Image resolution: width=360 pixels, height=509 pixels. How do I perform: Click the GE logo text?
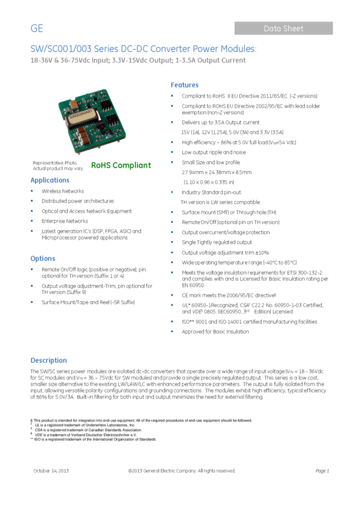click(x=37, y=29)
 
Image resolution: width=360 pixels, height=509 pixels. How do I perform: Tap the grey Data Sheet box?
click(x=283, y=28)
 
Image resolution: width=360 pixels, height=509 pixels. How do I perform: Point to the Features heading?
click(x=184, y=86)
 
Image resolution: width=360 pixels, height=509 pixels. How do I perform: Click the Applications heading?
click(x=50, y=180)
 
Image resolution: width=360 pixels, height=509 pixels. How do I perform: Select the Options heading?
click(x=43, y=259)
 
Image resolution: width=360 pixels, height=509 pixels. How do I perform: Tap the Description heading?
click(x=49, y=360)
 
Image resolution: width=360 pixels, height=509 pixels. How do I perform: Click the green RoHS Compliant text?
click(x=121, y=165)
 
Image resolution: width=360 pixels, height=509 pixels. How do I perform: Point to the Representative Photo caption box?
click(x=58, y=166)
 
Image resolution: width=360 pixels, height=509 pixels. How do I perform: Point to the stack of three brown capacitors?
click(x=84, y=138)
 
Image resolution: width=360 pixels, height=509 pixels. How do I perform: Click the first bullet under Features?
click(x=172, y=96)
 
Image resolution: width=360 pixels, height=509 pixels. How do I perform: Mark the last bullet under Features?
click(x=172, y=331)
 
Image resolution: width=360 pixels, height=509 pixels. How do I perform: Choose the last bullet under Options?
click(x=32, y=302)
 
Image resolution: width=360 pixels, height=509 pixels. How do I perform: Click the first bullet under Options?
click(x=32, y=270)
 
